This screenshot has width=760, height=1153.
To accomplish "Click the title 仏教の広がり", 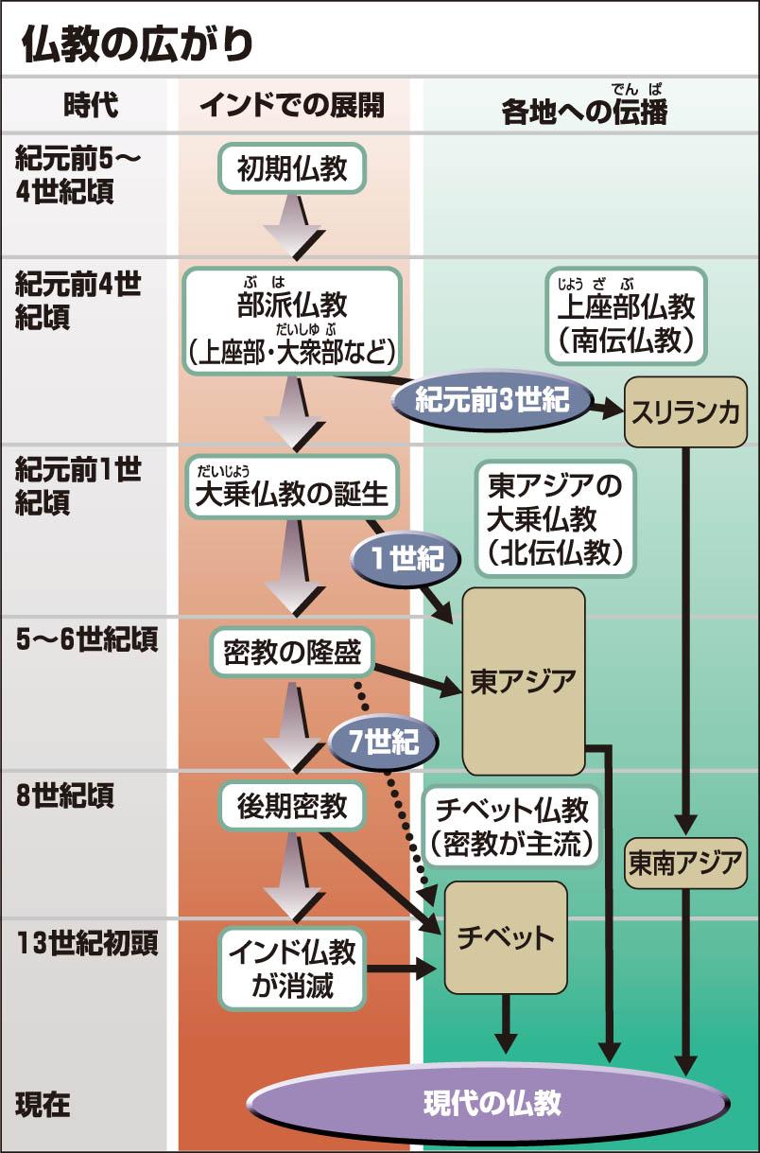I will [137, 44].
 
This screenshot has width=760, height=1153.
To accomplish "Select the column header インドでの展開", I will [292, 105].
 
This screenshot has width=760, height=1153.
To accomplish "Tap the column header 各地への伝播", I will [584, 111].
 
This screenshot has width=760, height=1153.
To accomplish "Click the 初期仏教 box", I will [292, 168].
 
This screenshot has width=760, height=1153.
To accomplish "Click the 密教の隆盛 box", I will [292, 652].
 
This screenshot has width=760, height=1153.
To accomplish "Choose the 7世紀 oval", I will [384, 742].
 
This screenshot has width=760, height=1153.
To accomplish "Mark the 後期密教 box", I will [292, 806].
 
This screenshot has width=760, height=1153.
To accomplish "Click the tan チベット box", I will [506, 937].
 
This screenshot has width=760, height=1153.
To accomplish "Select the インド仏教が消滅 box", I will [292, 969].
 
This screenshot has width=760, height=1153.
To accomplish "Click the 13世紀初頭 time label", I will [86, 943].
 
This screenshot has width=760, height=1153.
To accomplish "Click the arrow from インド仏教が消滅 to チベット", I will [401, 969].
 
